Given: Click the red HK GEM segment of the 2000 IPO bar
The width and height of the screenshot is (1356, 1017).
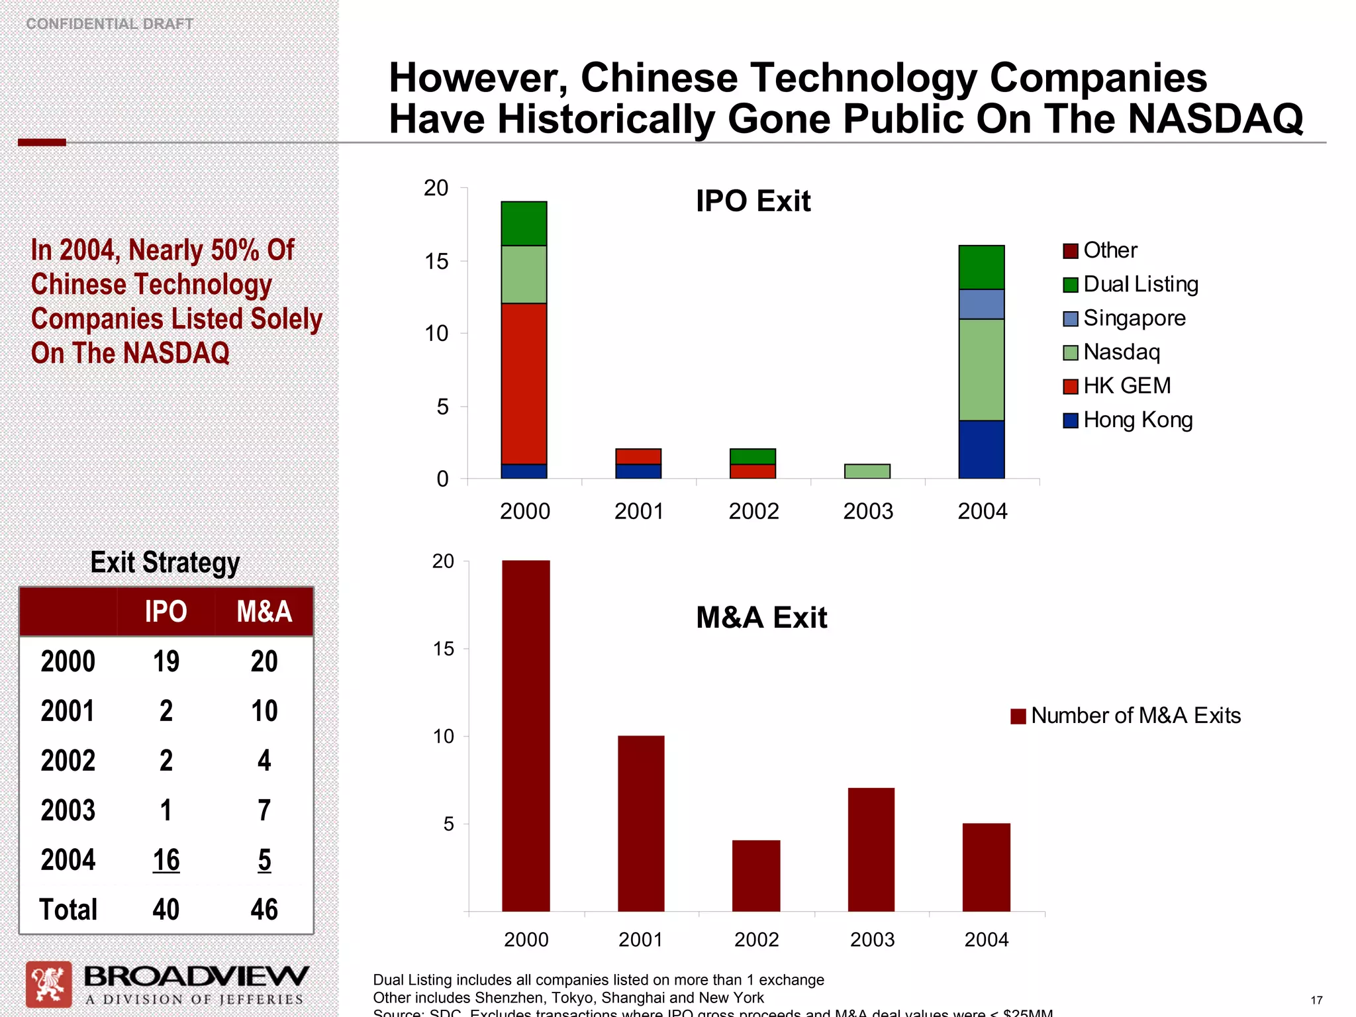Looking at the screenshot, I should (x=524, y=383).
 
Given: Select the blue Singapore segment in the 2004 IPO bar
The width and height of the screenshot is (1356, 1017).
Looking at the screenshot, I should (x=981, y=304).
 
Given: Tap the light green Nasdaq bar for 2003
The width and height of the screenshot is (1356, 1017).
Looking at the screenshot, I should (x=867, y=471).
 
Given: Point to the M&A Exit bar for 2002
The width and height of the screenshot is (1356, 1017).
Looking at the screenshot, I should (x=755, y=875).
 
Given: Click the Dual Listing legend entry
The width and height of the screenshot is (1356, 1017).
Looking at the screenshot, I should (x=1132, y=284).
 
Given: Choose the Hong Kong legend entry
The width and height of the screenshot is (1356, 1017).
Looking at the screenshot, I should (x=1128, y=420).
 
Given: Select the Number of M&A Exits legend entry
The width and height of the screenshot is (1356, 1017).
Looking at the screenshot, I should (x=1126, y=716).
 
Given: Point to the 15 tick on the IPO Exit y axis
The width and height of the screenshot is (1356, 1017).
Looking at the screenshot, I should (x=436, y=262).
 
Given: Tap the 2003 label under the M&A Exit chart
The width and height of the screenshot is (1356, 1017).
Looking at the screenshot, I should (x=872, y=939).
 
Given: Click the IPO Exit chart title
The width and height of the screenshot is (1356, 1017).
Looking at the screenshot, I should (x=753, y=201).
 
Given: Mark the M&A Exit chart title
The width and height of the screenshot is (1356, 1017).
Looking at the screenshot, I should (x=761, y=617).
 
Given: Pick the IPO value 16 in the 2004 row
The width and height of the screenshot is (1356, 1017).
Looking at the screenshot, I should (x=166, y=859).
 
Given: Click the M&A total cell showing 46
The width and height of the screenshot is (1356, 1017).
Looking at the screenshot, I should (x=264, y=909).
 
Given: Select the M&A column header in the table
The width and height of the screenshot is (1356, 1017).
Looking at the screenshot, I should (x=264, y=611).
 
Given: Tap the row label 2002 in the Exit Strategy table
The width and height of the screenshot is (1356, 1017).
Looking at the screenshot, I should (x=68, y=760).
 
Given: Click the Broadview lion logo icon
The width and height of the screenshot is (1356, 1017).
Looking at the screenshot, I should (x=48, y=984).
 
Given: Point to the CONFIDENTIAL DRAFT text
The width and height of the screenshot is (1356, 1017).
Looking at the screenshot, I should (x=109, y=24).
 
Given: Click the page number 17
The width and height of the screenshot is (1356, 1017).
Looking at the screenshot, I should (x=1316, y=1000).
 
